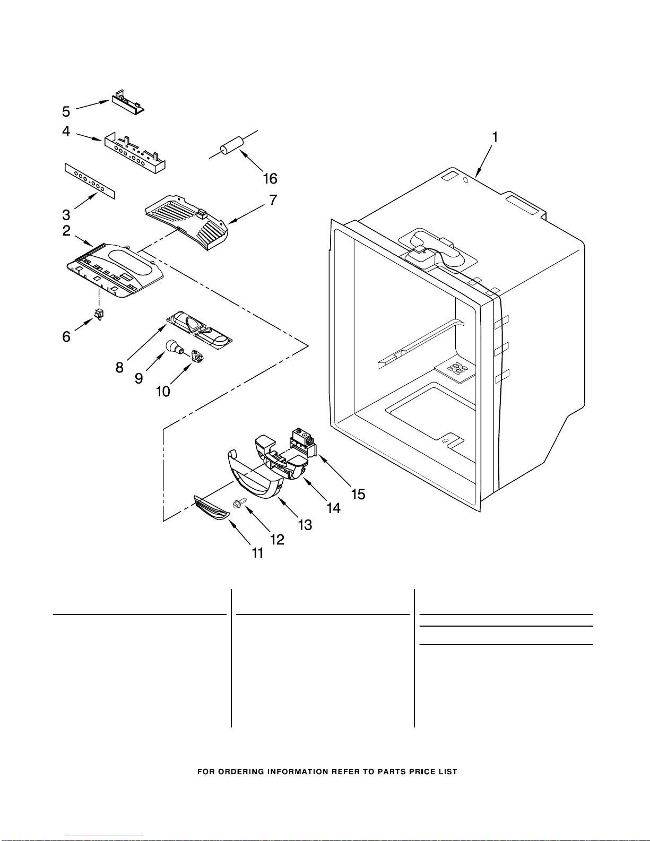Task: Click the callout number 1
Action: click(495, 137)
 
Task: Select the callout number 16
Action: click(270, 179)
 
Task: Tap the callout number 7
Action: click(273, 200)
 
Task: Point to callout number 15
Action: click(358, 495)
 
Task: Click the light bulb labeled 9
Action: click(172, 347)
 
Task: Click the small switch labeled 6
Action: click(98, 314)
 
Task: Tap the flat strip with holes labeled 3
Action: click(90, 181)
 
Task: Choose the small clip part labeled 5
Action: click(127, 102)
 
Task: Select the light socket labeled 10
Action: click(197, 357)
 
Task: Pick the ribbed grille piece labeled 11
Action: click(212, 507)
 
